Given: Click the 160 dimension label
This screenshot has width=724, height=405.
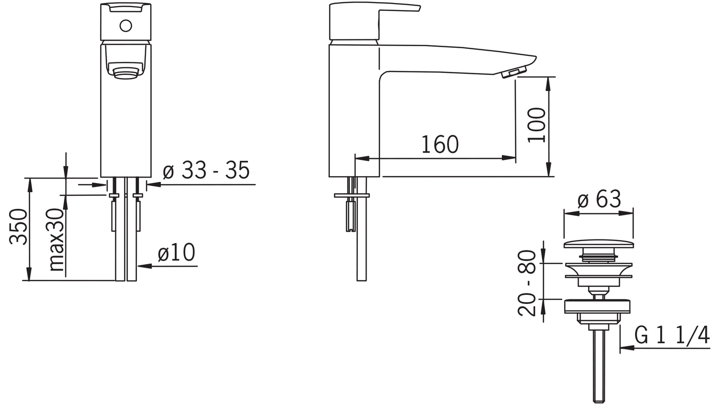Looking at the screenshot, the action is coord(440,144).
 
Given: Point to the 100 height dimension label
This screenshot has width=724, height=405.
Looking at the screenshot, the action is coord(536,125).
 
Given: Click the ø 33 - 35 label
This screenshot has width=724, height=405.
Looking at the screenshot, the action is coord(206,170).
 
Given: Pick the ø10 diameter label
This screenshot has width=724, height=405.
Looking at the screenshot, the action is coord(176,253).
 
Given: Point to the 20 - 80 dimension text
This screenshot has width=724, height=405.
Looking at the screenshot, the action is coord(527,283).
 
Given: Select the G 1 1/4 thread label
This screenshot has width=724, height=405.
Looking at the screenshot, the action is coord(672,335).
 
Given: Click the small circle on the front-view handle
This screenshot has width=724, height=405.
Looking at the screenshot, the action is coord(125,26).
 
